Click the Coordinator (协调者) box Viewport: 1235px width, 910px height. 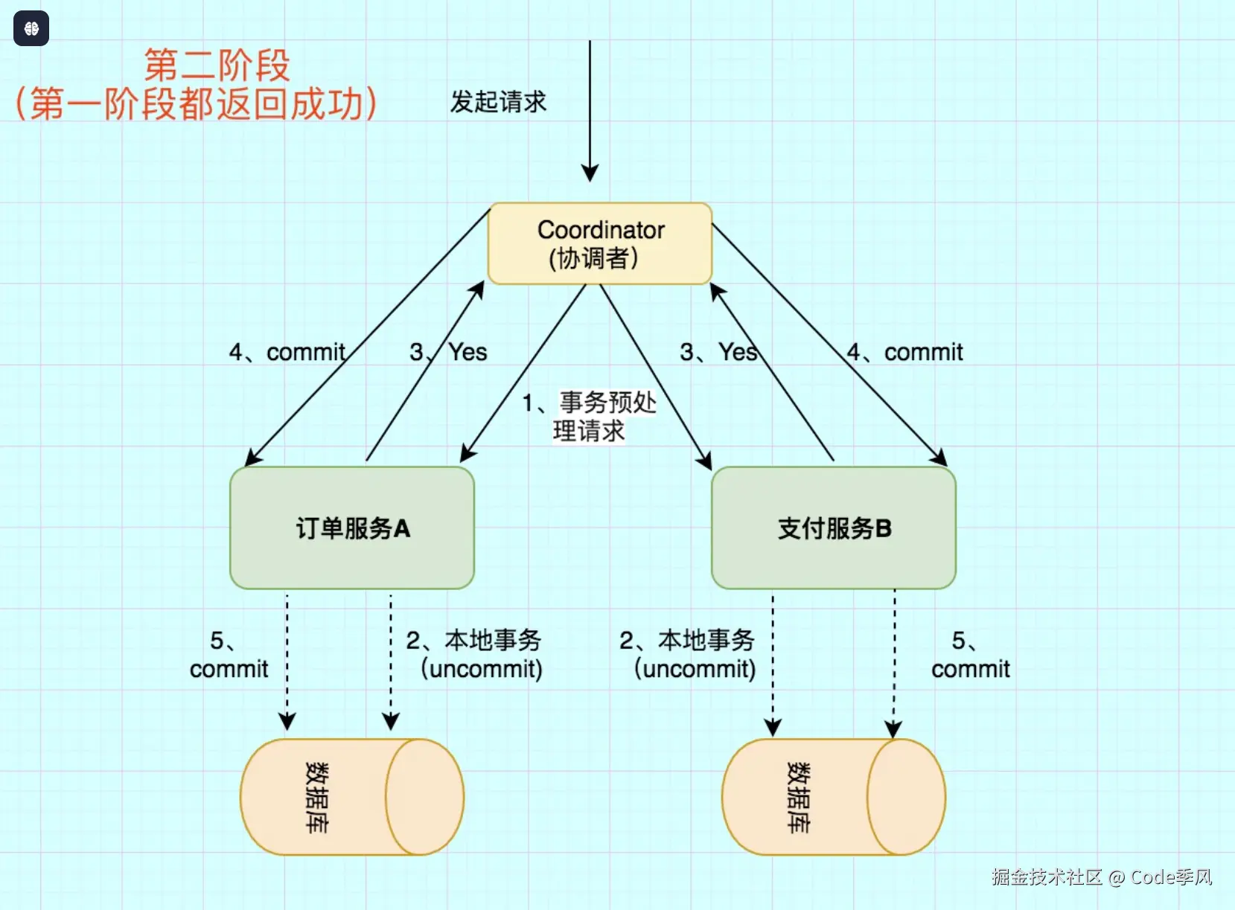click(600, 243)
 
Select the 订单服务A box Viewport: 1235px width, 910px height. click(352, 528)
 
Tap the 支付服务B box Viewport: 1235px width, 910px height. click(834, 528)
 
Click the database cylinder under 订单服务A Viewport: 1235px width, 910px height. click(351, 797)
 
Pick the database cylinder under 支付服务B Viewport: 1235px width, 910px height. click(833, 797)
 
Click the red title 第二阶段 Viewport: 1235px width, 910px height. click(217, 65)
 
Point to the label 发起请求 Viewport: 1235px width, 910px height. click(498, 102)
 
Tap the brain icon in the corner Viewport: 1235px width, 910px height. click(31, 29)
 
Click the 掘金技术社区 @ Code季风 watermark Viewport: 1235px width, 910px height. click(1102, 877)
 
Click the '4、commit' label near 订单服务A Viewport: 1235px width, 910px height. click(287, 352)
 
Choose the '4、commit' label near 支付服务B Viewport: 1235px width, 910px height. click(905, 352)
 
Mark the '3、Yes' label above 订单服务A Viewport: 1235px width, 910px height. click(448, 352)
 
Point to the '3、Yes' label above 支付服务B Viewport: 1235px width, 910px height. click(718, 352)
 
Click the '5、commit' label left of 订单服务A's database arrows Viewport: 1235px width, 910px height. click(229, 655)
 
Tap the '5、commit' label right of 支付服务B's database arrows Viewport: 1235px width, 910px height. click(970, 655)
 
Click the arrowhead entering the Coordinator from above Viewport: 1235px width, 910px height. click(590, 173)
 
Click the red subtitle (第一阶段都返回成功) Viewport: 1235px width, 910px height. click(197, 104)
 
